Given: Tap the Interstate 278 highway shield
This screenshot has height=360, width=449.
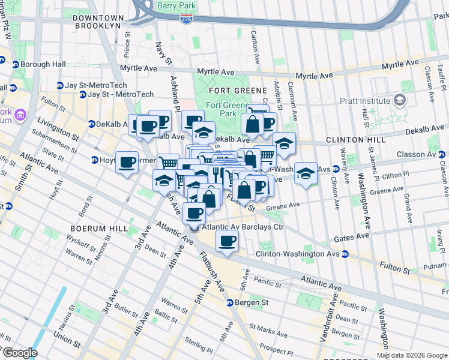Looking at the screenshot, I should (187, 20).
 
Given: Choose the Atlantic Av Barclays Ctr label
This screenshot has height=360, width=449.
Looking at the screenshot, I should (243, 227).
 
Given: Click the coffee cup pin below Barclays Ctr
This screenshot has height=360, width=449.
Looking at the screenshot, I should (227, 241).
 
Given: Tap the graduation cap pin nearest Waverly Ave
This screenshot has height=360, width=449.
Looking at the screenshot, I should (306, 173).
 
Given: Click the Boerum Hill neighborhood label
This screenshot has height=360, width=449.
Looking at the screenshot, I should (90, 229).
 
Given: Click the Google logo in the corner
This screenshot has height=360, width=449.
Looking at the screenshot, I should (19, 352).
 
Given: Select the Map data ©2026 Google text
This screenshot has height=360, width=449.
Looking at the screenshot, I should (412, 355).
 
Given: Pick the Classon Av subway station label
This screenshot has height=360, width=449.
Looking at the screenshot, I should (420, 154).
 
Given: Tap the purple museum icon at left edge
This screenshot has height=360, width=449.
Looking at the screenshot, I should (20, 114).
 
